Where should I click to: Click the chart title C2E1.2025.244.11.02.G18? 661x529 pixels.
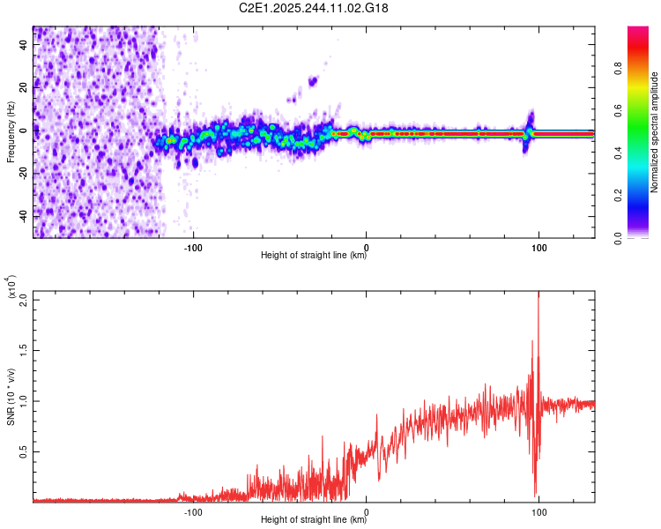coord(331,8)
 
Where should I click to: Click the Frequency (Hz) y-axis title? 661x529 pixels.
coord(11,132)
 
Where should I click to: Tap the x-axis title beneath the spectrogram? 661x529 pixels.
coord(314,256)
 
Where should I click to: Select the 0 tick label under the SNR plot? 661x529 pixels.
coord(367,511)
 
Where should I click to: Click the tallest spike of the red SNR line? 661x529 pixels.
coord(538,294)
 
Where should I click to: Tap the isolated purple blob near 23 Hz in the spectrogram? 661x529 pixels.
coord(312,81)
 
